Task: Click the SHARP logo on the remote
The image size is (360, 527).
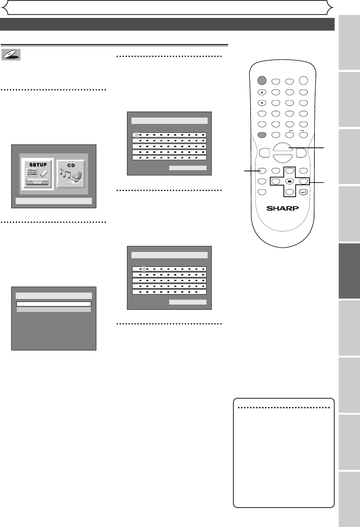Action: coord(282,208)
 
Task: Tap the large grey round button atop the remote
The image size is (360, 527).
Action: coord(262,81)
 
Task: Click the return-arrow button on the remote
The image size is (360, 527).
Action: coord(304,193)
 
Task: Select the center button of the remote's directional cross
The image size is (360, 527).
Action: coord(289,182)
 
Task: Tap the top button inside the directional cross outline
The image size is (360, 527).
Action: coord(289,171)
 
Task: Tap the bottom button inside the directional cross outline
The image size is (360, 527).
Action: coord(289,193)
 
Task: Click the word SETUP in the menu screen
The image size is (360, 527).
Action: coord(38,165)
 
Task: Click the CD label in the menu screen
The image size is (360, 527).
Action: coord(71,165)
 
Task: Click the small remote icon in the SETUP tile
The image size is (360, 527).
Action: coord(44,173)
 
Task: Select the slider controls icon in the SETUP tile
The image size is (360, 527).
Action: coord(32,172)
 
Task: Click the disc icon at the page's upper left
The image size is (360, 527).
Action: coord(11,55)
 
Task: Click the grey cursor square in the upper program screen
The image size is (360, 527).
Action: coord(137,135)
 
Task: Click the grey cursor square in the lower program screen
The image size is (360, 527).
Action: coord(144,269)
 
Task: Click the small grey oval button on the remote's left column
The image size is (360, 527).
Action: coord(262,135)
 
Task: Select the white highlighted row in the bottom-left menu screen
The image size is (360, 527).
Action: coord(54,304)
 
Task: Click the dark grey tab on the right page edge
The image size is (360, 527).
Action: coord(349,271)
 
